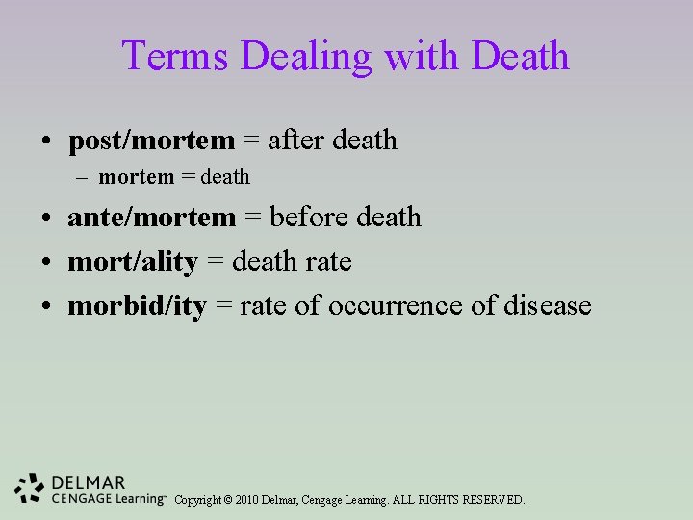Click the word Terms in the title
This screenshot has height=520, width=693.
point(176,56)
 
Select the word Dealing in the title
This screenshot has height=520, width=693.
point(307,56)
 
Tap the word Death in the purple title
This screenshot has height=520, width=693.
point(520,56)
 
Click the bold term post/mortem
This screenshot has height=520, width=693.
point(151,141)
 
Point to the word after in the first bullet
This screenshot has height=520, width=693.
point(295,141)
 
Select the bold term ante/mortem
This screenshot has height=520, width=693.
point(151,218)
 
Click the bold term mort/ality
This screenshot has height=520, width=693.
point(133,262)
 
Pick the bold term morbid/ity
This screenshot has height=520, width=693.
point(137,306)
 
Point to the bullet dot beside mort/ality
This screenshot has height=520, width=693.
point(47,263)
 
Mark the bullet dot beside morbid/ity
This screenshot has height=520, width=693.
point(47,307)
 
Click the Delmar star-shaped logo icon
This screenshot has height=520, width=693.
point(30,488)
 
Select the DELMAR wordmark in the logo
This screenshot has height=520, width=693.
point(89,482)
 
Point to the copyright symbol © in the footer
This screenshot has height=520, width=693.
point(228,500)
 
